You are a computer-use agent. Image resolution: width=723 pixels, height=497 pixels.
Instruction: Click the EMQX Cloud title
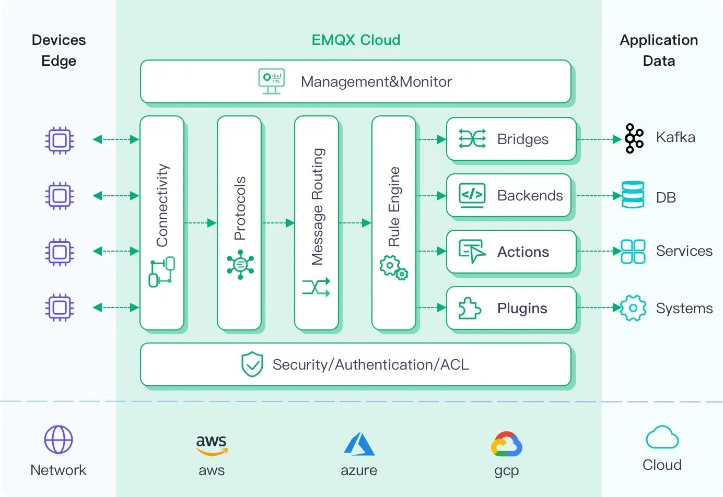click(x=356, y=40)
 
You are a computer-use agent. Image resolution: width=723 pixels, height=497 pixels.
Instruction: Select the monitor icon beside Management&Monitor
click(x=272, y=81)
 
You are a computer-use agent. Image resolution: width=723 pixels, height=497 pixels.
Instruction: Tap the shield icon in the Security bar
click(x=252, y=364)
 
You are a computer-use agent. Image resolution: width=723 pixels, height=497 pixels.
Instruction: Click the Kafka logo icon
click(x=634, y=138)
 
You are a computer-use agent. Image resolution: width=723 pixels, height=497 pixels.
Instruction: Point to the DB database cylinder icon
click(x=633, y=195)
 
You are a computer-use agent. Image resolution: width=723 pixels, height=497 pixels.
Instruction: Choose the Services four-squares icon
click(x=633, y=251)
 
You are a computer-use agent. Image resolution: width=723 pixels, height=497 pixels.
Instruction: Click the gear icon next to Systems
click(x=633, y=308)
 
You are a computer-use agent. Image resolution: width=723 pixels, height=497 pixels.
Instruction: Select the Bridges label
click(x=522, y=139)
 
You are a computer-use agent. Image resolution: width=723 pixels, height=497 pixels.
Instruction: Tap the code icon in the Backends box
click(x=472, y=195)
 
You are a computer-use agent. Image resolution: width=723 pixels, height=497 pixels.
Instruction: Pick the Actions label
click(x=523, y=252)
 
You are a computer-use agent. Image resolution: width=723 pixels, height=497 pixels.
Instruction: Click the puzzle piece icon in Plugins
click(x=469, y=308)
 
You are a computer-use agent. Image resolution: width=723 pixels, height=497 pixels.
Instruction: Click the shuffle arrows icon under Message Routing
click(x=316, y=287)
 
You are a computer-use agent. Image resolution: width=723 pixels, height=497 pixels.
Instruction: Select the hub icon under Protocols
click(x=240, y=264)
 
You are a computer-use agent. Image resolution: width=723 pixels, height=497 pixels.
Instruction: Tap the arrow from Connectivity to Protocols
click(x=201, y=223)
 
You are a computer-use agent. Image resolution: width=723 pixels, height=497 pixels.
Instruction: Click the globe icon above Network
click(x=59, y=440)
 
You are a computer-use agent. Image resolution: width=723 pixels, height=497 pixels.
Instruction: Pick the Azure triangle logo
click(x=359, y=444)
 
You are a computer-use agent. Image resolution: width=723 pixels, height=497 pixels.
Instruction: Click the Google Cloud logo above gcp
click(x=506, y=444)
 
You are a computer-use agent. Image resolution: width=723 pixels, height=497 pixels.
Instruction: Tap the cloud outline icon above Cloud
click(x=662, y=437)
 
